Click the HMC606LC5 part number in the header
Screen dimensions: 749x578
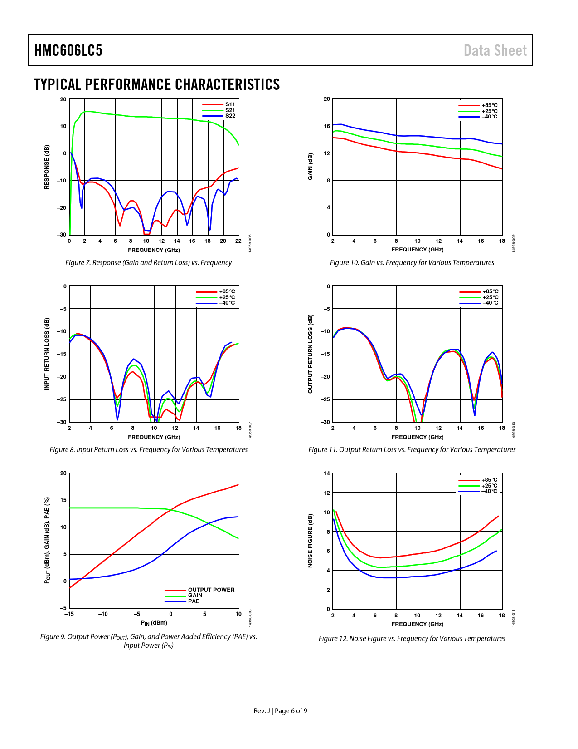coord(68,50)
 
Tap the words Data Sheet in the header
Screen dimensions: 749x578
coord(495,50)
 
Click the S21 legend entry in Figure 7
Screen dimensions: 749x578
coord(230,110)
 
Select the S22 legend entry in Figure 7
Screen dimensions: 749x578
coord(230,116)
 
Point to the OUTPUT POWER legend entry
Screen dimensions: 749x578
coord(211,590)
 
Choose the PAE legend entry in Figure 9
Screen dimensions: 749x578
coord(194,601)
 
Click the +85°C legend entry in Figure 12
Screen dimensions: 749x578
coord(489,480)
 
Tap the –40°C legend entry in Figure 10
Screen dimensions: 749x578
coord(489,117)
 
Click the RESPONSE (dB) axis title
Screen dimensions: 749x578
coord(47,167)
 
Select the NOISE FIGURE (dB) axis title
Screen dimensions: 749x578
coord(310,541)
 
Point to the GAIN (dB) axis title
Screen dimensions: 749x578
coord(310,167)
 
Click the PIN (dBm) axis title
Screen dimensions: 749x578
coord(154,623)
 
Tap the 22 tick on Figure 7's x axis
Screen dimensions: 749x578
coord(238,241)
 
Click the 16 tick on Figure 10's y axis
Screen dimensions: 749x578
coord(327,126)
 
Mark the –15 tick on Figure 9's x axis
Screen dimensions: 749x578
coord(69,614)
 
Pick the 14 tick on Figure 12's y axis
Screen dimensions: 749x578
coord(327,473)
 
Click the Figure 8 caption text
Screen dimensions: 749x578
coord(148,449)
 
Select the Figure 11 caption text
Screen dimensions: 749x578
coord(412,449)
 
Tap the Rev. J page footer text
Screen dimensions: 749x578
coord(280,711)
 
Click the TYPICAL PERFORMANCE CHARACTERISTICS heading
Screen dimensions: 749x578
coord(157,84)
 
